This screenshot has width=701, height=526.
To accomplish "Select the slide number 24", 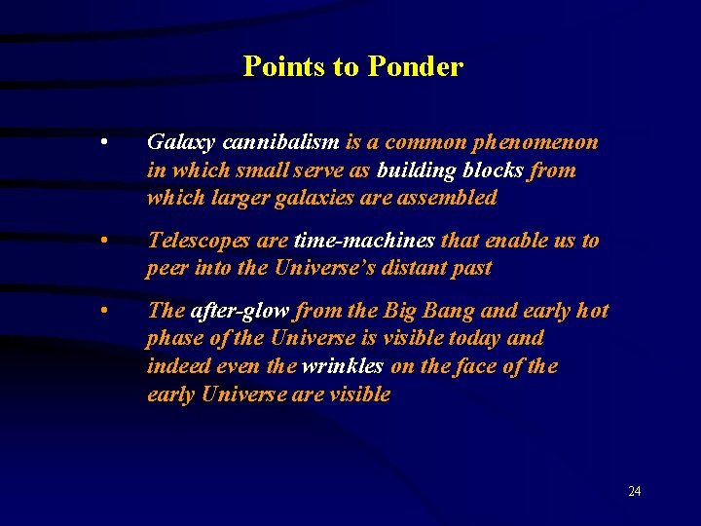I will tap(634, 491).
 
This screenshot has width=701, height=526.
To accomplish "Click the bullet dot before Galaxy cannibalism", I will tap(103, 142).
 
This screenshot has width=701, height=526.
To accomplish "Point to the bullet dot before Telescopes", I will tap(103, 240).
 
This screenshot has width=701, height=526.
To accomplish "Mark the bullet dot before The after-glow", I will tap(103, 311).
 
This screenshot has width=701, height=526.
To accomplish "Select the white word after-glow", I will tap(240, 311).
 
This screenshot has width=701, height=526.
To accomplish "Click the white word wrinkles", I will tap(343, 367).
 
